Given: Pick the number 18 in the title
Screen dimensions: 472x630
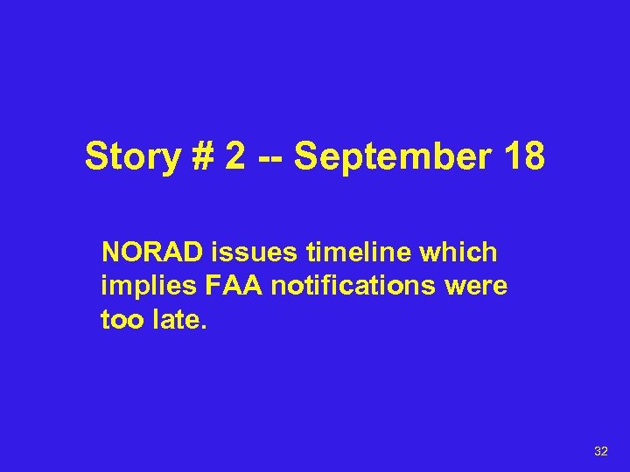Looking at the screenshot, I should click(x=521, y=157).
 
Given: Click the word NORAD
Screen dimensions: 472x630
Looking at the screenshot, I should click(x=152, y=253).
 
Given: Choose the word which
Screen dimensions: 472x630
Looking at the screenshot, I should click(x=460, y=253).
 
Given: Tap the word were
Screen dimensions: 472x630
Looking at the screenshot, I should click(x=478, y=287).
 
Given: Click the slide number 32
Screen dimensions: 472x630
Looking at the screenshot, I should click(x=601, y=451).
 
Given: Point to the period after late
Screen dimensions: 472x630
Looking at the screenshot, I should click(x=205, y=328).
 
